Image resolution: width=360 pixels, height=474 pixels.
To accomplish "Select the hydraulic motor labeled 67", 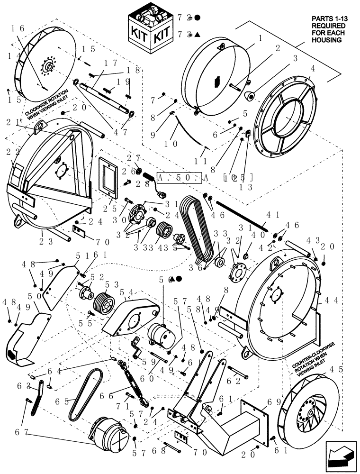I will (x=108, y=431).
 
